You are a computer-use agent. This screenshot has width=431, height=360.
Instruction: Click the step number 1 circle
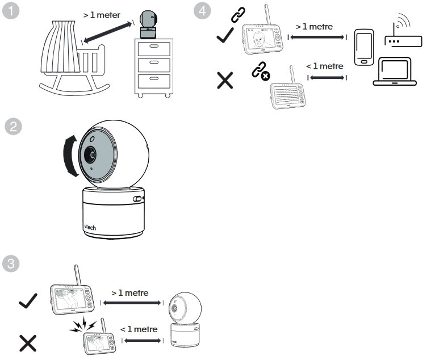(12, 12)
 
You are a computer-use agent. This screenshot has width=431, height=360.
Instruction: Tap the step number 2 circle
(12, 127)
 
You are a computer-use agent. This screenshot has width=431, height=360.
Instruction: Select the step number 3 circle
(12, 263)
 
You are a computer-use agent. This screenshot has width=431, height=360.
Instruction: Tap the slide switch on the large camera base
(137, 199)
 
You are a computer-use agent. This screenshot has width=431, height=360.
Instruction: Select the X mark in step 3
(27, 343)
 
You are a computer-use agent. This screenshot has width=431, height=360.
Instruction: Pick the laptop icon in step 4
(395, 73)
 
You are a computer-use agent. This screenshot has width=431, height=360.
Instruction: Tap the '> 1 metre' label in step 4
(314, 27)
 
